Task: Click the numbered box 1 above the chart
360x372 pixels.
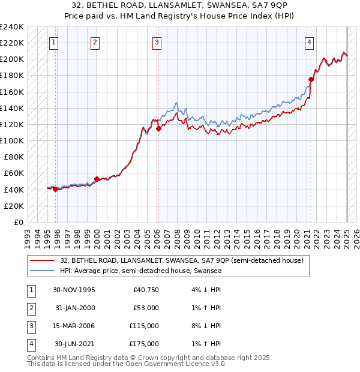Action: click(54, 42)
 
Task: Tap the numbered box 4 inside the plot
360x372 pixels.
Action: click(309, 42)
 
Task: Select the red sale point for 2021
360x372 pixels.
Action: click(311, 79)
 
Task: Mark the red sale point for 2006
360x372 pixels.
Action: click(158, 128)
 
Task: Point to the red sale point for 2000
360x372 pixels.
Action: click(97, 179)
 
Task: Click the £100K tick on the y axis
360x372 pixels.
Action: click(13, 140)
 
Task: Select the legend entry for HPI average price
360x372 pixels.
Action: click(140, 271)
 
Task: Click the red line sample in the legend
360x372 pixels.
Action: click(43, 260)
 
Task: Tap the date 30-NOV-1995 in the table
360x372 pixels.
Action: click(74, 289)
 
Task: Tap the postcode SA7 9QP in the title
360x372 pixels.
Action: click(248, 4)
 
